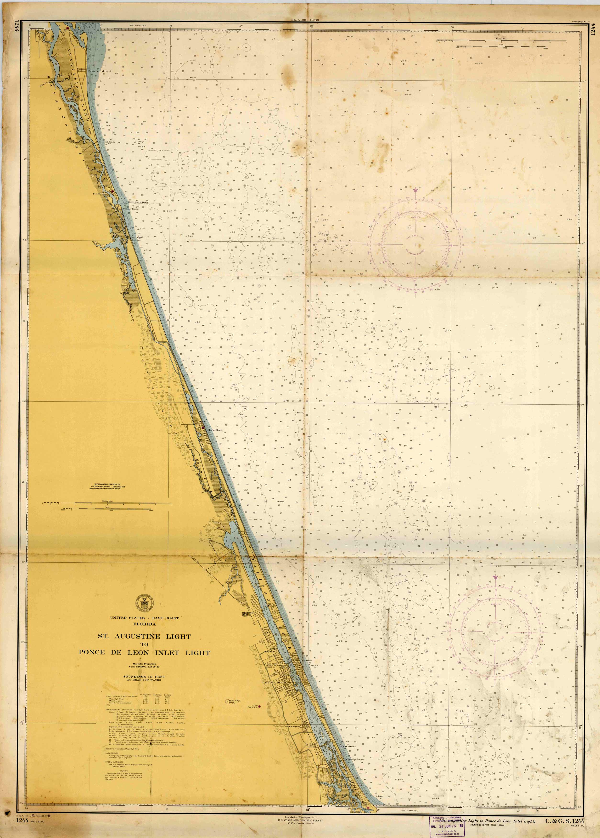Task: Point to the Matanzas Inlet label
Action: tap(138, 203)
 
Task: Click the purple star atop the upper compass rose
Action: tap(416, 190)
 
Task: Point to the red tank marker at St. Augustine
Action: tap(67, 28)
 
